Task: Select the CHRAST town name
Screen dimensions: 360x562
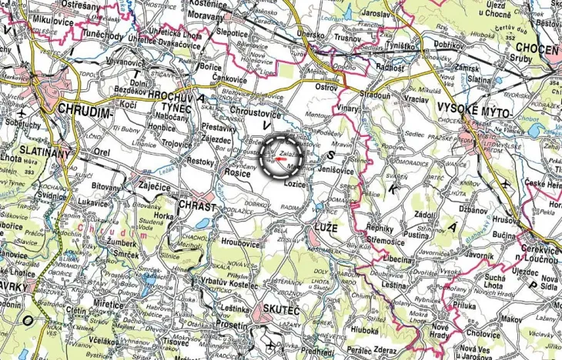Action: tap(196, 206)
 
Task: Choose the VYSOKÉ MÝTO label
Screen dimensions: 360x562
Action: tap(469, 107)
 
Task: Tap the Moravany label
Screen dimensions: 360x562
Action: tap(205, 15)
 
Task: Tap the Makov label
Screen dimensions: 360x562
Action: tap(510, 317)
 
